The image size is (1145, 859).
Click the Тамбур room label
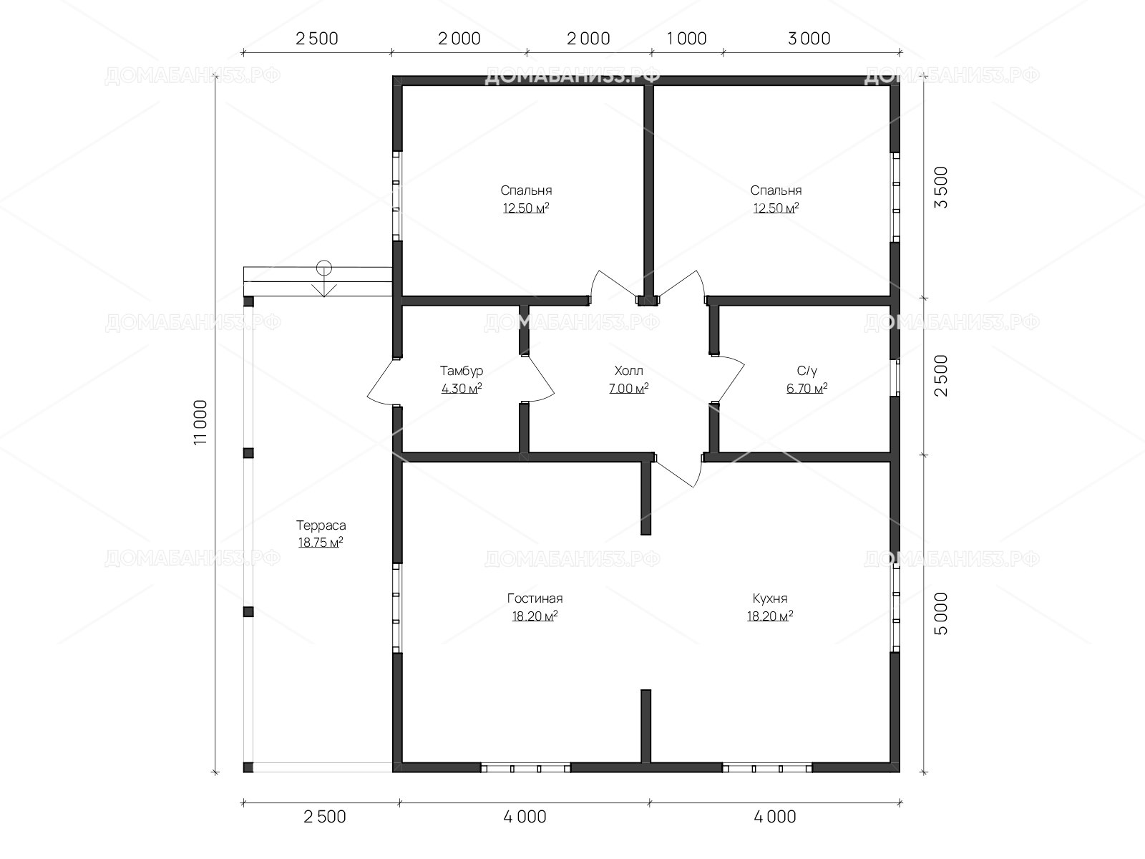461,371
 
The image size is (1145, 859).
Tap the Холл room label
628,371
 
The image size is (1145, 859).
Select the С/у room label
807,371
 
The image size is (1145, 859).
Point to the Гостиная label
535,598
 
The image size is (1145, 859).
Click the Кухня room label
770,598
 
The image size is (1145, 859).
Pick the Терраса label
321,525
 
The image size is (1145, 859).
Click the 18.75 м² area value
321,543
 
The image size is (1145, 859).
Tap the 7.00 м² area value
628,388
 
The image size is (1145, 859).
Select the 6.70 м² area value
807,388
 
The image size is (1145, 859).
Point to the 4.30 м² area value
461,388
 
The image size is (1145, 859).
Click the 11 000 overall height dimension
200,422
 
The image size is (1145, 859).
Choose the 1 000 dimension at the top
687,39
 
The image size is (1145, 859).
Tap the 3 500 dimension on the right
941,188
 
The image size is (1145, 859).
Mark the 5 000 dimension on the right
941,614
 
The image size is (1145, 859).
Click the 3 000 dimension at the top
809,39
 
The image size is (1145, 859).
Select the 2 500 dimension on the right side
941,376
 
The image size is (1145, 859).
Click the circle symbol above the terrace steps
324,268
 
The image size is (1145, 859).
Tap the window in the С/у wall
895,378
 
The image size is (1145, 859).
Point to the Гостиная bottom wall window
525,768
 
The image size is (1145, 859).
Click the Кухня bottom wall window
767,768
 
